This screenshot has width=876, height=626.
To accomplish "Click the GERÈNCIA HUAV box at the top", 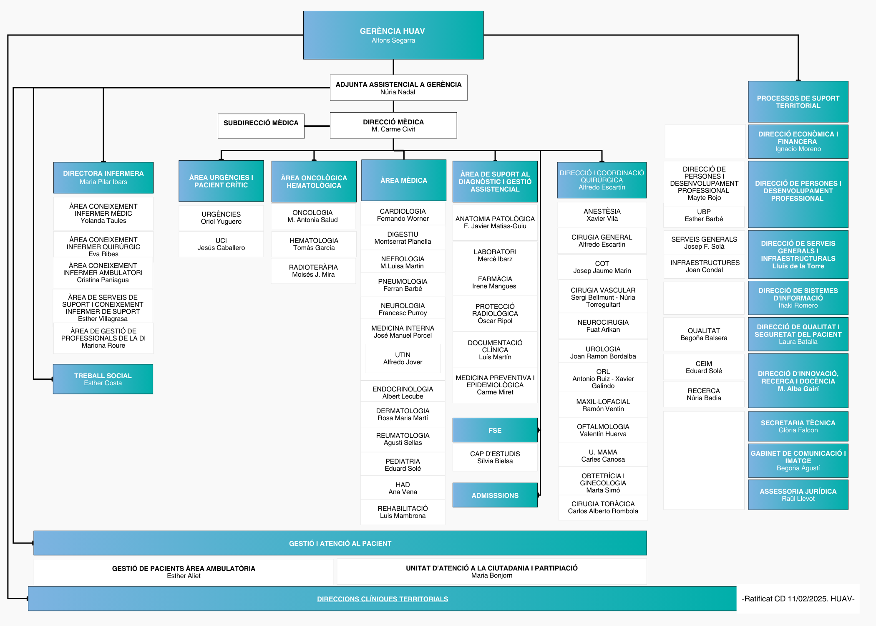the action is (393, 35).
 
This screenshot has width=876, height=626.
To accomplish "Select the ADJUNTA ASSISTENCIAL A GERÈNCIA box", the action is (398, 88).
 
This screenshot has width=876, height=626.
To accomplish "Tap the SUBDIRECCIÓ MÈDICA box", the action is (261, 126).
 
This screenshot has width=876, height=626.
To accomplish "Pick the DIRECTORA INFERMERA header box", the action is (103, 177).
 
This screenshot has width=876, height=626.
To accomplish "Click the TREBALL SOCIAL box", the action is (103, 379).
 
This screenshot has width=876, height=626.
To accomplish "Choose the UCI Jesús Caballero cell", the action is (221, 244).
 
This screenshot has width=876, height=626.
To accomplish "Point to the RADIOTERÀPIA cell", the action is (313, 271).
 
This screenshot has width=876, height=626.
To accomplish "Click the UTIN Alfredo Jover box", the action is (403, 358).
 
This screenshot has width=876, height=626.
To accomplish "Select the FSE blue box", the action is (495, 430).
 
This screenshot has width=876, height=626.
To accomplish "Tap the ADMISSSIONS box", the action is (495, 495).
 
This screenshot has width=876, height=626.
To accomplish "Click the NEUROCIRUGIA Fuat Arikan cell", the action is (603, 326).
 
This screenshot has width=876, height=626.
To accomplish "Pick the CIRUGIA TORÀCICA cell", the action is (603, 507).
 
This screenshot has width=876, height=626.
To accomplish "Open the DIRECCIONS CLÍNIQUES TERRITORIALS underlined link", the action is (383, 599).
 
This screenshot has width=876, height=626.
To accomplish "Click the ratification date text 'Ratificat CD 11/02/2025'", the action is (784, 599).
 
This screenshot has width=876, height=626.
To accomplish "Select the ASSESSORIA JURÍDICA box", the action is (798, 495).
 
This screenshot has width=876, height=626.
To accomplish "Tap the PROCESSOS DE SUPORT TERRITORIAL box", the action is (798, 102).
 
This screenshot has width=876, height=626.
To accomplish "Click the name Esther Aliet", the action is (184, 576).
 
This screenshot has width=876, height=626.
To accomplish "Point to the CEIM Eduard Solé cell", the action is (704, 367).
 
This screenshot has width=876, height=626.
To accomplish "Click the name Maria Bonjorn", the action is (492, 576).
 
